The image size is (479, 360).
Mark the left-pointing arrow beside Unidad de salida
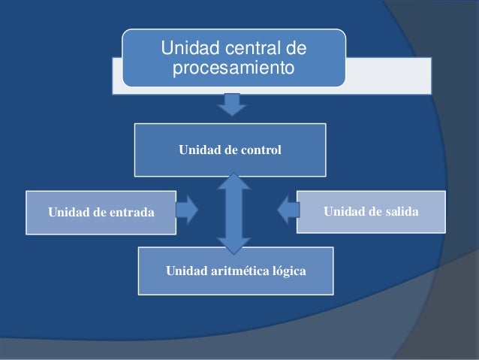point(288,209)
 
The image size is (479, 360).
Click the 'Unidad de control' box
point(230,150)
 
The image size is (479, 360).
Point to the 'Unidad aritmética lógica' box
point(236,269)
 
